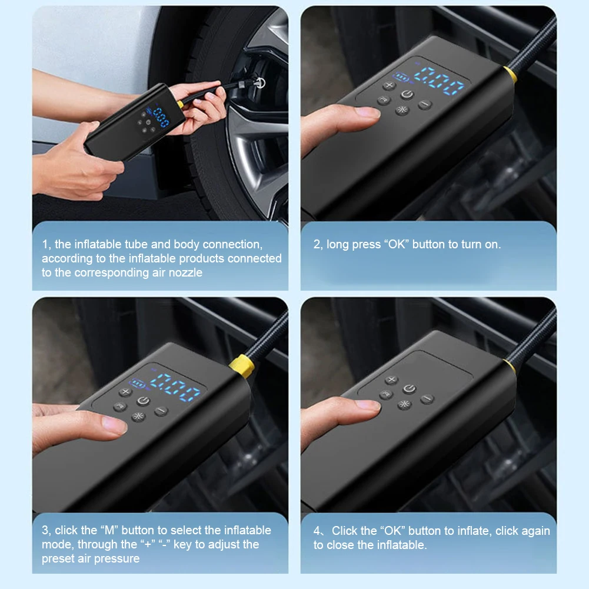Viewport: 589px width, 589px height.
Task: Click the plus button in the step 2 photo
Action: pyautogui.click(x=389, y=86)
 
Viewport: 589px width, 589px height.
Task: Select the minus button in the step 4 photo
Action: pyautogui.click(x=427, y=399)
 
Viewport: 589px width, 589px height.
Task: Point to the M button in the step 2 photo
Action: pyautogui.click(x=384, y=101)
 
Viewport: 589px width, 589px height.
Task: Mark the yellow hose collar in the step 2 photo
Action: pyautogui.click(x=510, y=74)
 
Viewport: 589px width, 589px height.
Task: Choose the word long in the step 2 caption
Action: pyautogui.click(x=338, y=244)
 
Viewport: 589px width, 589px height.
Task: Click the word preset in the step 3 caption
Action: pyautogui.click(x=58, y=558)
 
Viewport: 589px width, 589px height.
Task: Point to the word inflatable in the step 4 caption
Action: pyautogui.click(x=394, y=545)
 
